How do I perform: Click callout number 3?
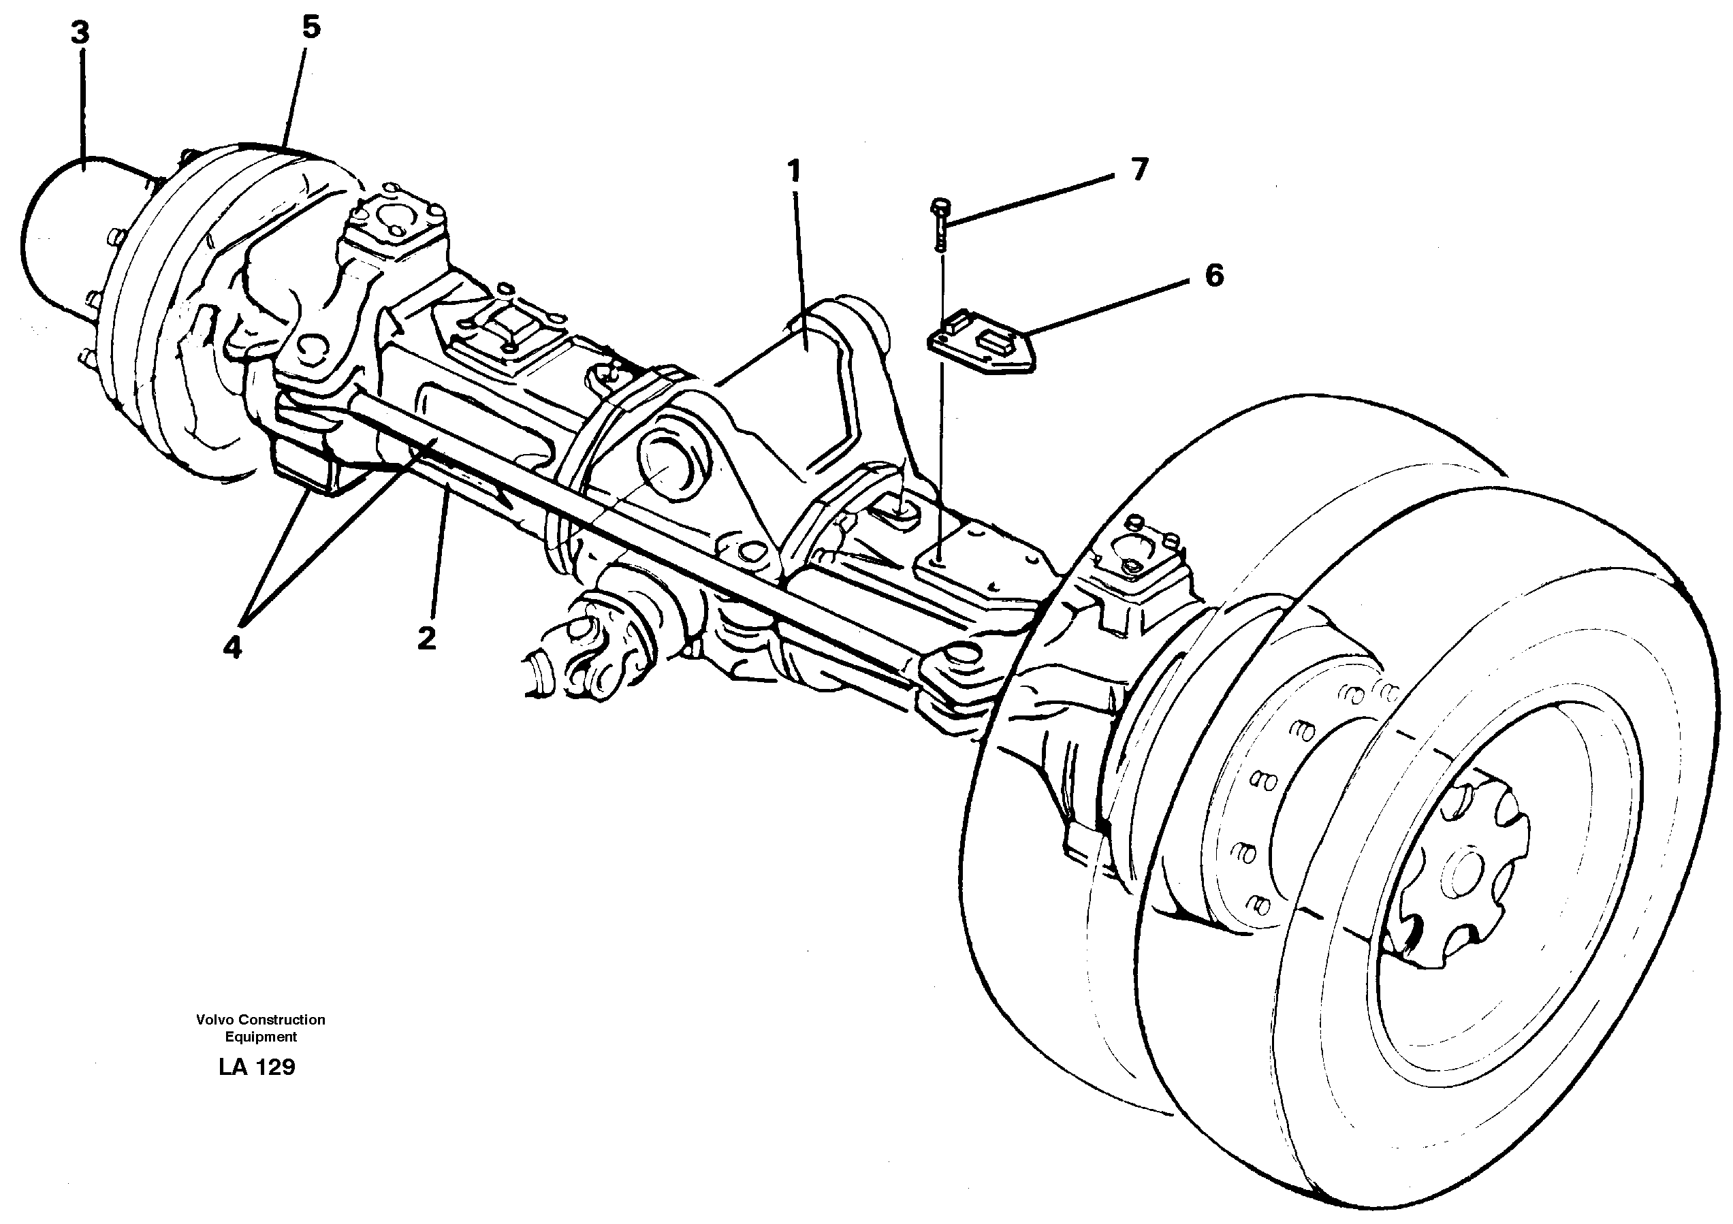point(81,33)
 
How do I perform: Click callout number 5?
point(311,27)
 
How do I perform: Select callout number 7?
point(1139,169)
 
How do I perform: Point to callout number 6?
point(1213,276)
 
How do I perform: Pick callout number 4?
point(232,647)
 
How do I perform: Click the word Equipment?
point(261,1037)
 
